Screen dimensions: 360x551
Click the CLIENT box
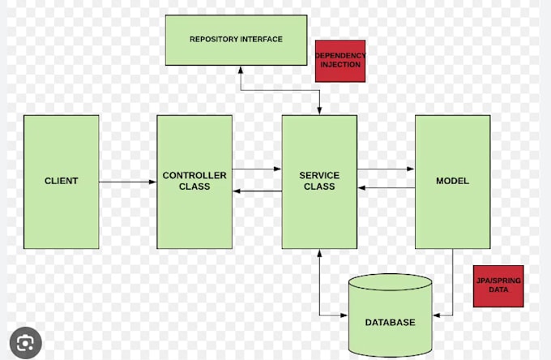tap(61, 181)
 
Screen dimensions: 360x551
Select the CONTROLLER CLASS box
tap(194, 181)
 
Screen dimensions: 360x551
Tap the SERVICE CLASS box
tap(319, 181)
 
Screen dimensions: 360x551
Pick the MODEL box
tap(452, 181)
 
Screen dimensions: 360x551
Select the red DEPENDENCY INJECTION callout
tap(340, 60)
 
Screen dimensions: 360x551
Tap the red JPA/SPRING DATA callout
tap(498, 285)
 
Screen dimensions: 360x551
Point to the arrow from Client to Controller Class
tap(128, 182)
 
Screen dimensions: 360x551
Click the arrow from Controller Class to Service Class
tap(257, 169)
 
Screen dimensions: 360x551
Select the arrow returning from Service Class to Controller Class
tap(257, 191)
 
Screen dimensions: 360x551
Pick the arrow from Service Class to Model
tap(386, 169)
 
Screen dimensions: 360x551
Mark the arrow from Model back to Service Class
tap(386, 188)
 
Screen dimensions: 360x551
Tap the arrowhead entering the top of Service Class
tap(319, 110)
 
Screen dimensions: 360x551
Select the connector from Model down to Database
tap(452, 284)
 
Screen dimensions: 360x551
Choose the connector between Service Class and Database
tap(320, 284)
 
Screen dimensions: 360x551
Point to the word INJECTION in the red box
tap(340, 65)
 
